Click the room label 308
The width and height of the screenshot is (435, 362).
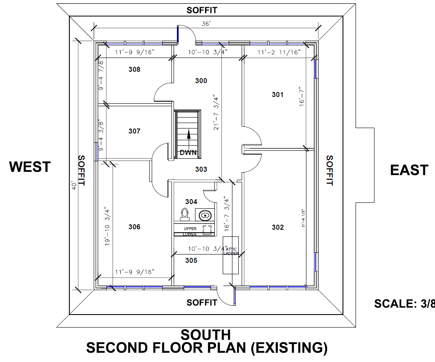click(x=134, y=69)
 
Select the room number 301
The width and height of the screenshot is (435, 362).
click(x=277, y=94)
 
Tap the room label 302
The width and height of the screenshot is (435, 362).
click(x=278, y=227)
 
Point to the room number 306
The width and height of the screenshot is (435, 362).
click(x=134, y=227)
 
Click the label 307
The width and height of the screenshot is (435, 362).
click(x=134, y=131)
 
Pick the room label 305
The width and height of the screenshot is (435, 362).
click(x=191, y=260)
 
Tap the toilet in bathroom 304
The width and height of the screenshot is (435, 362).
click(x=184, y=214)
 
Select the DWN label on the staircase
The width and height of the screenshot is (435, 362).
click(x=188, y=153)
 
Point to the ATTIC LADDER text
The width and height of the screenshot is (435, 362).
click(x=231, y=252)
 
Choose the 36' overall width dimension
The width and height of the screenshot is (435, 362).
click(x=206, y=24)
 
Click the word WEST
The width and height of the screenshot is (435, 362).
click(x=30, y=167)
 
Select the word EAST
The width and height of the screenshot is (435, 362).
click(x=409, y=170)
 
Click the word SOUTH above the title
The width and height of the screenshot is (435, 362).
click(x=206, y=335)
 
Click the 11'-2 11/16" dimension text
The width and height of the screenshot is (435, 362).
click(x=279, y=52)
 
